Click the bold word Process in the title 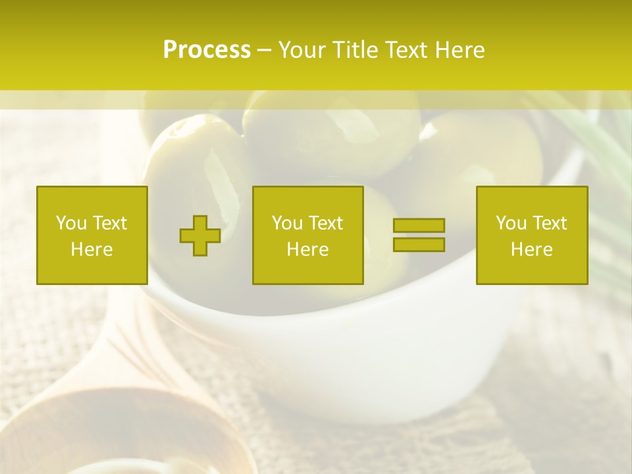pos(207,50)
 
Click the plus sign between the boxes pos(200,236)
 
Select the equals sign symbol pos(419,235)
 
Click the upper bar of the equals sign pos(419,225)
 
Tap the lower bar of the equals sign pos(419,244)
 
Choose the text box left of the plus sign pos(92,235)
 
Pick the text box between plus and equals pos(307,235)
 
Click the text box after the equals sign pos(532,235)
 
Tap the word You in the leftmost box pos(70,223)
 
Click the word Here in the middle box pos(307,250)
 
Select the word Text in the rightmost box pos(550,223)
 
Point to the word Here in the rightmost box pos(532,250)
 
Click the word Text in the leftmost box pos(109,223)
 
